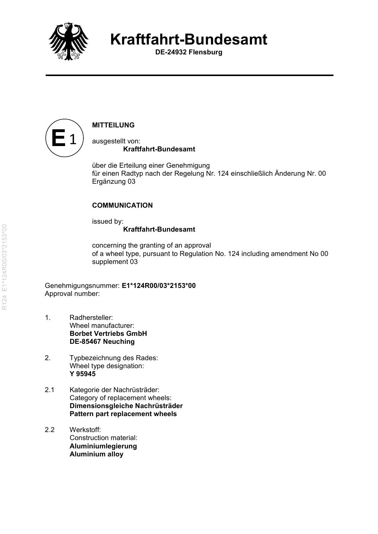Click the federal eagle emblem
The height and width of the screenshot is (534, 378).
[x=69, y=41]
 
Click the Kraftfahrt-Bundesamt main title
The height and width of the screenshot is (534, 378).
[x=188, y=39]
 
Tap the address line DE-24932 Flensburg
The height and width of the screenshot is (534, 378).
[x=188, y=52]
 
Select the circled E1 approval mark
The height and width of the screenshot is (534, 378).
[x=64, y=138]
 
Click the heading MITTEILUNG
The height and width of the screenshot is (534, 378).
[x=113, y=125]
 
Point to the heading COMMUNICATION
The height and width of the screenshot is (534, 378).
[x=122, y=205]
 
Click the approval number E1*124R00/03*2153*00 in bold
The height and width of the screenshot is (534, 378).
[x=158, y=286]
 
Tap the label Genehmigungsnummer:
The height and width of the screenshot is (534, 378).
[x=82, y=286]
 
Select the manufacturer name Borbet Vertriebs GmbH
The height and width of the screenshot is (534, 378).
[x=108, y=334]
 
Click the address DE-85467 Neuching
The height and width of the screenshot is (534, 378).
[x=102, y=342]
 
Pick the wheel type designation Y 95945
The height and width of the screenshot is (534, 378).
[x=83, y=374]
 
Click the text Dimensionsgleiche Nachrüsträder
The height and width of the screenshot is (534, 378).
[x=126, y=406]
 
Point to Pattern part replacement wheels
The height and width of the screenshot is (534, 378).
[x=123, y=414]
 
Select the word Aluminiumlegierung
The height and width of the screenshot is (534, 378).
[x=103, y=446]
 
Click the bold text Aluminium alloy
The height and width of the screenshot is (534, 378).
[x=96, y=454]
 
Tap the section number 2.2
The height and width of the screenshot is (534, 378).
[x=49, y=430]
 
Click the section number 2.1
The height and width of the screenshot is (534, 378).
[x=49, y=390]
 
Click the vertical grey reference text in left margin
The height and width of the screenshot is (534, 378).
[x=5, y=267]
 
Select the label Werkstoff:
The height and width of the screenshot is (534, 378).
[x=85, y=430]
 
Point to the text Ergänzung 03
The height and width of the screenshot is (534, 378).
[x=113, y=181]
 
